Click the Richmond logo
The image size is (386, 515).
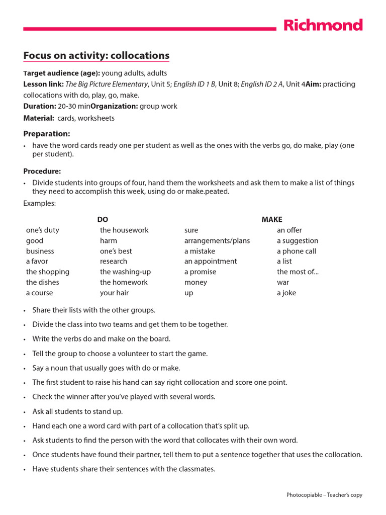pos(323,25)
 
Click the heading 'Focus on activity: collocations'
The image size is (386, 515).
pos(96,55)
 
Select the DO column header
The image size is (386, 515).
pos(103,219)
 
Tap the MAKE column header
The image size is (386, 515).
pos(272,219)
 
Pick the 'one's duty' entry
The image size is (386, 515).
pos(43,230)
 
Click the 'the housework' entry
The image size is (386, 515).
pos(124,230)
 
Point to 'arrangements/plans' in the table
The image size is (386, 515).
pos(217,240)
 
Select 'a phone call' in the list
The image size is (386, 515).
pos(296,251)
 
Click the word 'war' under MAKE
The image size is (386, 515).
pos(283,282)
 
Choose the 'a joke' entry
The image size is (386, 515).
pos(286,293)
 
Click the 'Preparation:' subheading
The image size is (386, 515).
pos(47,134)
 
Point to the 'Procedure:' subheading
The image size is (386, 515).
pos(42,171)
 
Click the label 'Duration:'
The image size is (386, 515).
pos(40,106)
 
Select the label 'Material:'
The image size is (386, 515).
pos(39,118)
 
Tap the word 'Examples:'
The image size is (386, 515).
pos(40,203)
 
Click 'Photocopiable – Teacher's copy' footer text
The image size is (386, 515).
pos(324,495)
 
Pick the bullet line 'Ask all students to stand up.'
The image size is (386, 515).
pos(77,411)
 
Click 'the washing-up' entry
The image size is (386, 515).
pos(125,272)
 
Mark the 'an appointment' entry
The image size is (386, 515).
pos(211,261)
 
